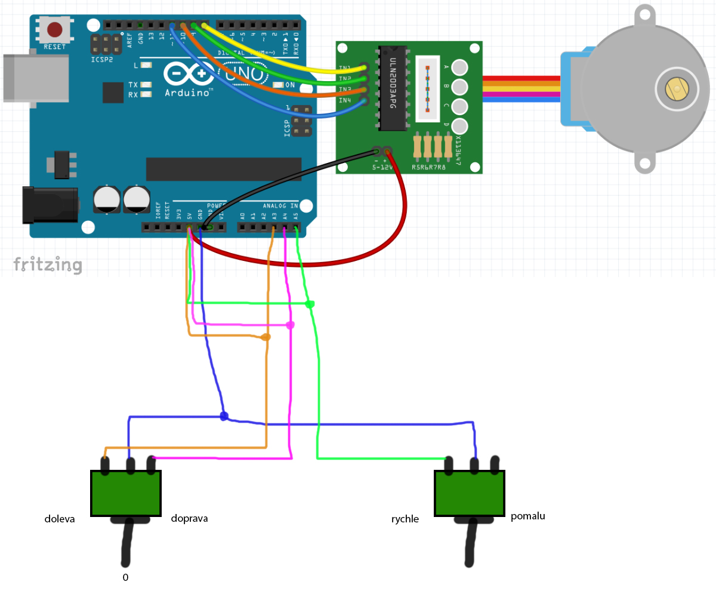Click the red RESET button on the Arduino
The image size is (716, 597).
(x=55, y=29)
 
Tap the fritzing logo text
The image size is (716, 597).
(x=48, y=264)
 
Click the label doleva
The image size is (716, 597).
(x=60, y=519)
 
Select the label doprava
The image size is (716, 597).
(x=189, y=518)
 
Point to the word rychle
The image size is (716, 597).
(x=405, y=519)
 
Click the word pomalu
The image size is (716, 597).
(x=528, y=516)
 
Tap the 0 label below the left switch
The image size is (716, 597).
(x=125, y=577)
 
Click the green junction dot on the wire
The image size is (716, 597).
(x=310, y=304)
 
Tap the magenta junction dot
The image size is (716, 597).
(x=290, y=325)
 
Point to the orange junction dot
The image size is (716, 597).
(x=266, y=337)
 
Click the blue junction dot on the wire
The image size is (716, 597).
(x=224, y=416)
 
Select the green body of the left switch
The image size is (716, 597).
(x=126, y=493)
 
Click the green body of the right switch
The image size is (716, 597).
(x=470, y=493)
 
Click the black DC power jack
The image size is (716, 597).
(x=50, y=205)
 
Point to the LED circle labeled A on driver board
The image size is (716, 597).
(x=459, y=67)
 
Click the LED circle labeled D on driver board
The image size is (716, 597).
(x=459, y=126)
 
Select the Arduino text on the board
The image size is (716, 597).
(x=190, y=93)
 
